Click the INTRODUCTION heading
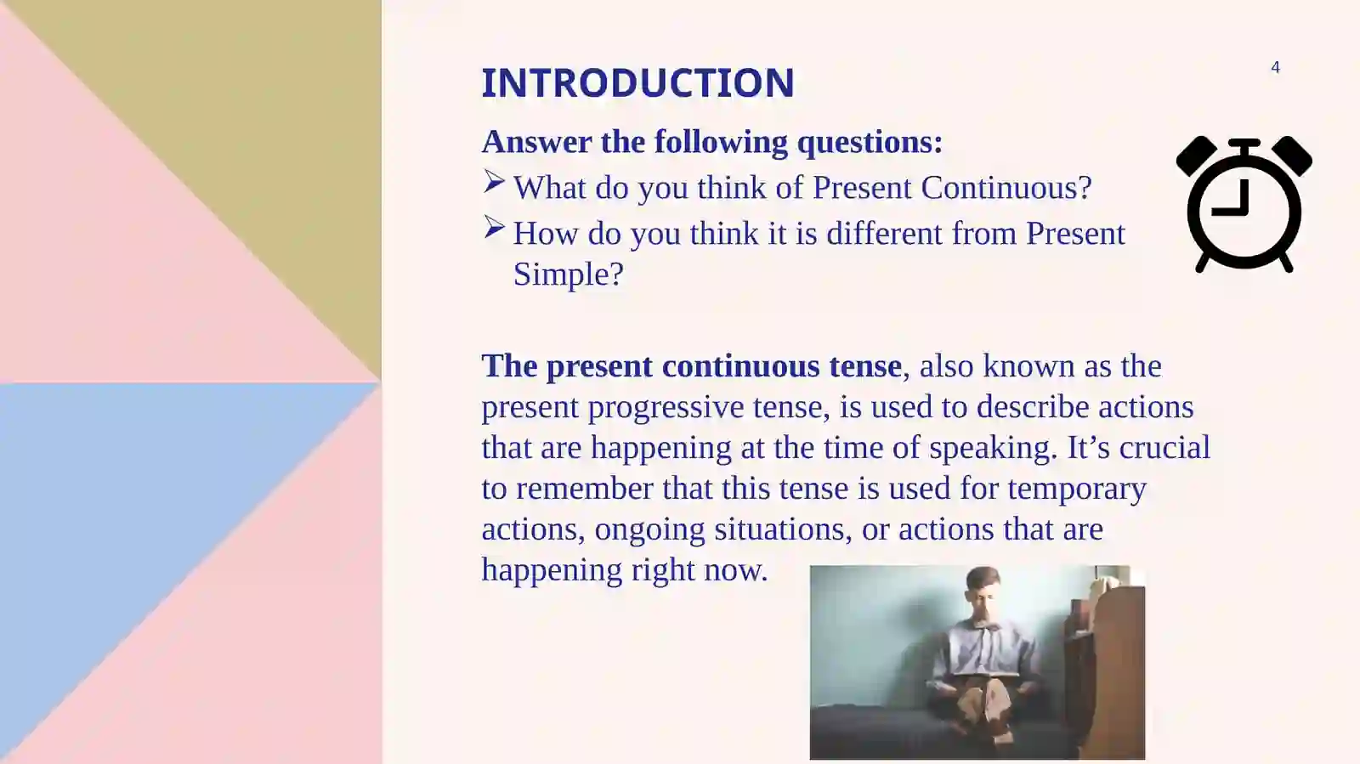pos(637,83)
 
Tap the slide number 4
pos(1275,67)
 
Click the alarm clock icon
pos(1244,206)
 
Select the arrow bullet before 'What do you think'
pos(495,182)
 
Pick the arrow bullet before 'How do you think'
pos(495,228)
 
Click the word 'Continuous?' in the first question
pos(1006,188)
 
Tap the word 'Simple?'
pos(568,274)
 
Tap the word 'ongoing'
pos(649,529)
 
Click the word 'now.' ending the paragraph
pos(743,570)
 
